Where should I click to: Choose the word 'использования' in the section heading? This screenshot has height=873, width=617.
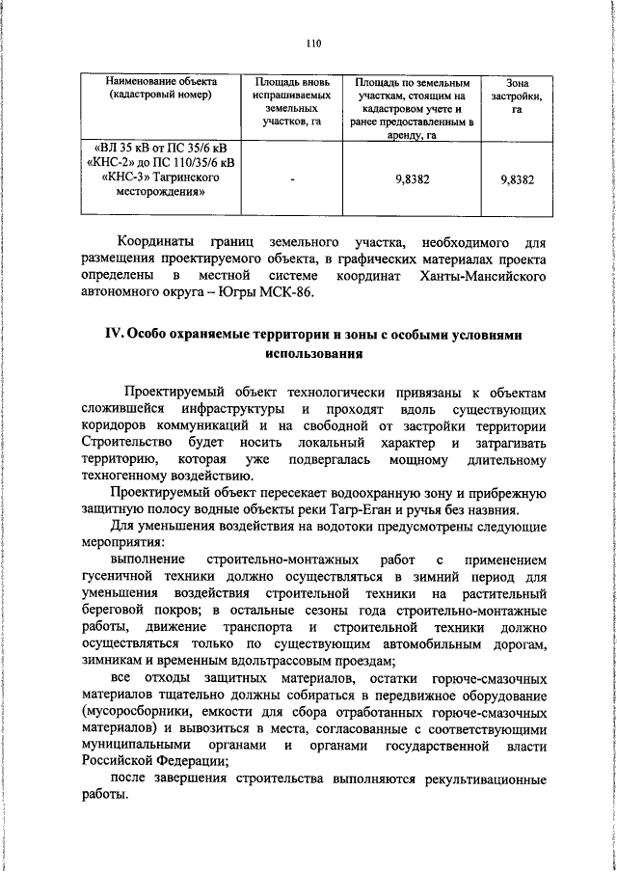pos(313,354)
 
